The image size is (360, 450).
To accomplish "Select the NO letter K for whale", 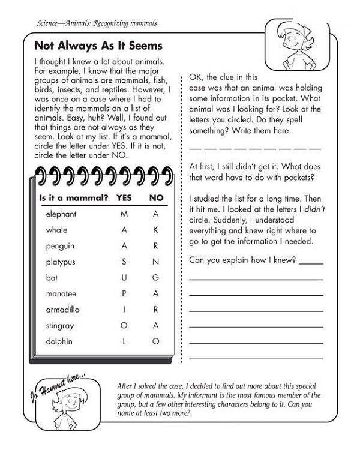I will (x=155, y=230).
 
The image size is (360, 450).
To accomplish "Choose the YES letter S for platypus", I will (x=124, y=262).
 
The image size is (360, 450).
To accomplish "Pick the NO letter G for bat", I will (x=155, y=278).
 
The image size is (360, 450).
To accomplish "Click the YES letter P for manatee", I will (x=124, y=294).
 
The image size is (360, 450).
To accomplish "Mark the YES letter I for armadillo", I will (x=124, y=310).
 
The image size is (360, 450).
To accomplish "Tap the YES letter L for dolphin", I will (x=124, y=341).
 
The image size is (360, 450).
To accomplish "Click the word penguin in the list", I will (x=59, y=246).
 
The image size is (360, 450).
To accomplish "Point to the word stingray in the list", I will (x=59, y=326).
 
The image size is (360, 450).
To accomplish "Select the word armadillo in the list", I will (x=62, y=310).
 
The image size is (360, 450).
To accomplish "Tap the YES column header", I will (x=124, y=197).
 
